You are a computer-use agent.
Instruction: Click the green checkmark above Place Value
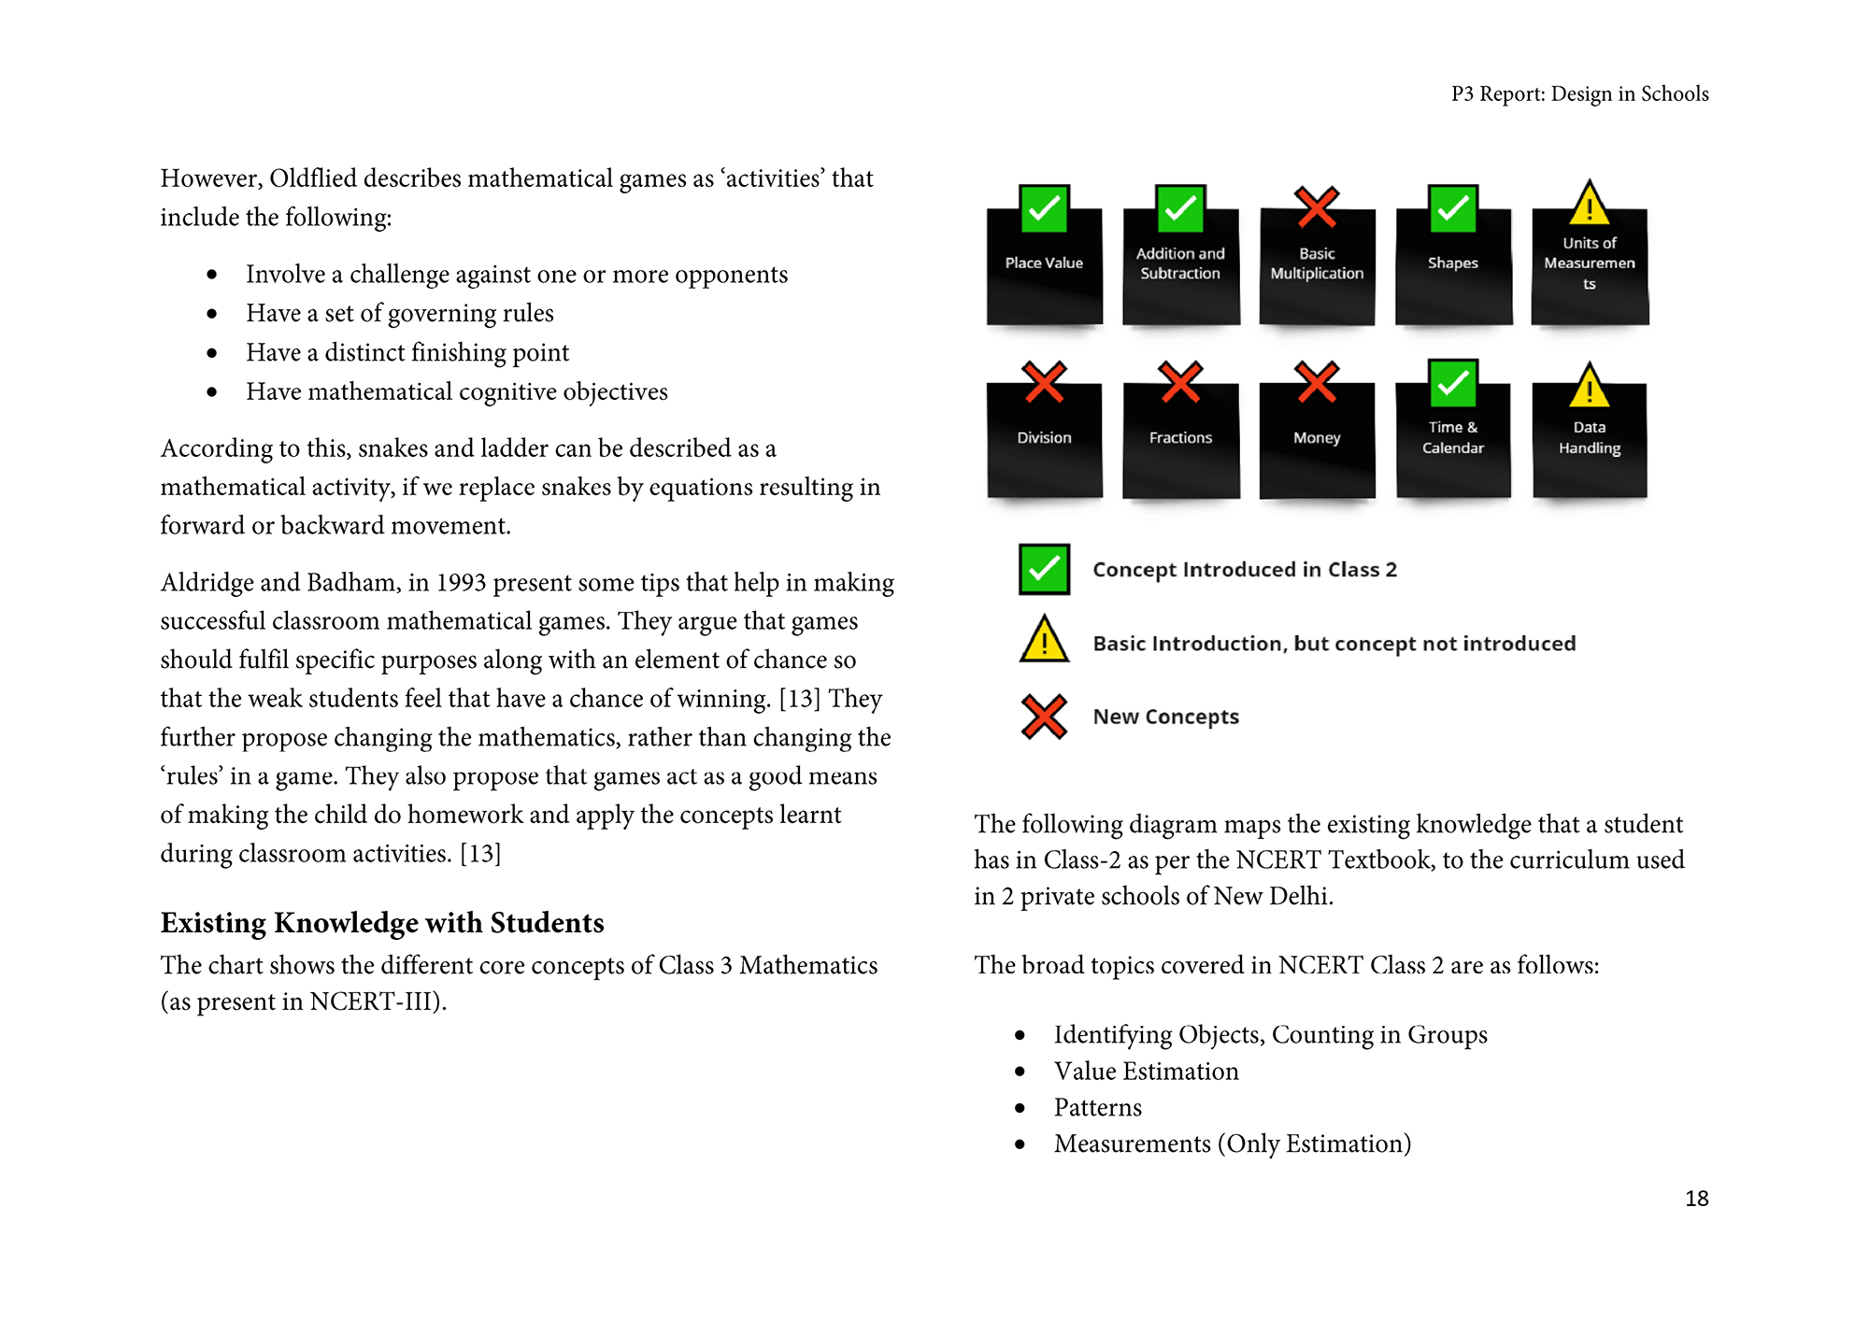[x=1044, y=208]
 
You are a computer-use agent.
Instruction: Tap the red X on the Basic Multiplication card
[x=1317, y=207]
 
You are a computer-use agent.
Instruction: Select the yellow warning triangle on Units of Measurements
[x=1590, y=204]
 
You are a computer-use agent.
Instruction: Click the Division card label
[x=1044, y=437]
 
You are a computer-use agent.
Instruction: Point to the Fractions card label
[x=1180, y=437]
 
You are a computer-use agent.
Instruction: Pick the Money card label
[x=1317, y=437]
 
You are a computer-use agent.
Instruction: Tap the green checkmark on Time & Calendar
[x=1453, y=383]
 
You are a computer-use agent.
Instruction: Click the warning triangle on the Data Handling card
[x=1590, y=386]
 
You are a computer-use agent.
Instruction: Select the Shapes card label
[x=1453, y=263]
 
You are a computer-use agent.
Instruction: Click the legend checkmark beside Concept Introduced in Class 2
[x=1044, y=569]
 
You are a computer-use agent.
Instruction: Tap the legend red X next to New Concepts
[x=1044, y=717]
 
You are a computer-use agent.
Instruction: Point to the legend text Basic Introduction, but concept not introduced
[x=1334, y=644]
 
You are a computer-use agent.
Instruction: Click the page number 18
[x=1696, y=1199]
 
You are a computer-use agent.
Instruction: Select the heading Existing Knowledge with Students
[x=382, y=923]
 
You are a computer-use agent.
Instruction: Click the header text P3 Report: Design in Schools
[x=1579, y=94]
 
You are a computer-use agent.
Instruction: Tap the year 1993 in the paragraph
[x=461, y=583]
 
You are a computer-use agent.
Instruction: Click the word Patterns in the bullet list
[x=1098, y=1108]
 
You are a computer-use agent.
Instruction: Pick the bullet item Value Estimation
[x=1146, y=1072]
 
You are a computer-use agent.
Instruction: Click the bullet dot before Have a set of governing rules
[x=213, y=314]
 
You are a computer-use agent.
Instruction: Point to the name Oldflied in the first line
[x=313, y=178]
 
